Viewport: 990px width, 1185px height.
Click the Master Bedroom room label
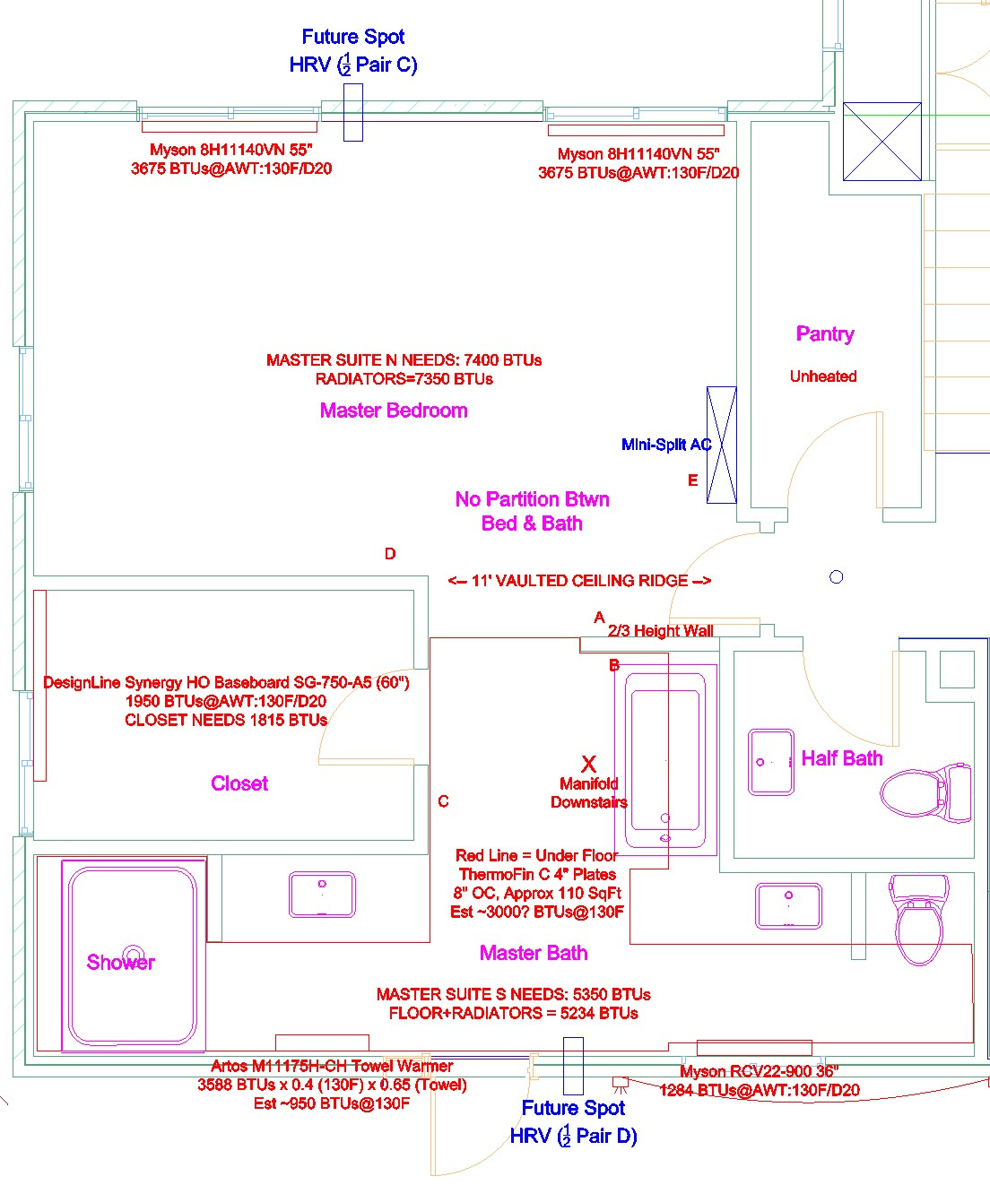(394, 411)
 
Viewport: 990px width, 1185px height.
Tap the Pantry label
(825, 334)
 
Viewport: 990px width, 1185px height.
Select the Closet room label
(239, 783)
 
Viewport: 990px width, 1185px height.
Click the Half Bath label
(842, 758)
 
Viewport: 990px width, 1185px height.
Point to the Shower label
(120, 962)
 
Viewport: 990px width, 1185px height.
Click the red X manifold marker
(588, 764)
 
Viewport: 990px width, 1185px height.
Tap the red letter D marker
(390, 553)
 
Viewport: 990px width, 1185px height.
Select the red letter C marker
(443, 800)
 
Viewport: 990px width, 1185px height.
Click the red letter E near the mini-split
(692, 480)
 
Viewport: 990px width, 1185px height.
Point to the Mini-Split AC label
(666, 445)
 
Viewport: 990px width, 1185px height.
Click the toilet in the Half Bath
(925, 792)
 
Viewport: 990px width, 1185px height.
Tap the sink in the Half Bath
(771, 762)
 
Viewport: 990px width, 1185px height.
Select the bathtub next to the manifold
(665, 760)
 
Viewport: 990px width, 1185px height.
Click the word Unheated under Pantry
(823, 376)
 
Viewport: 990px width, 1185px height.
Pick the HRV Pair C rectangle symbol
(353, 112)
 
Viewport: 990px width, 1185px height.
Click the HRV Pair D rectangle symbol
(573, 1066)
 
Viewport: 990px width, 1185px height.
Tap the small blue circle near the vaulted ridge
(836, 577)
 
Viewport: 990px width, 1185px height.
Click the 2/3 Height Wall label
(661, 630)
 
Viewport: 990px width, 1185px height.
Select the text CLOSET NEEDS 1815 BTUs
(226, 720)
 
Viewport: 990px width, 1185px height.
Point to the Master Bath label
(534, 953)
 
